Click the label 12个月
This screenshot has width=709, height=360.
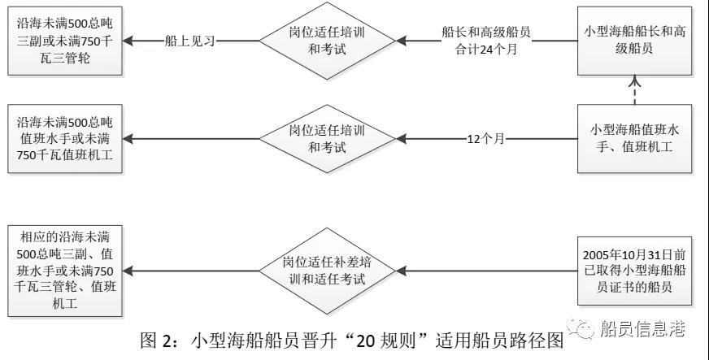485,139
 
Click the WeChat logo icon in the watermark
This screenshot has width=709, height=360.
585,329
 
